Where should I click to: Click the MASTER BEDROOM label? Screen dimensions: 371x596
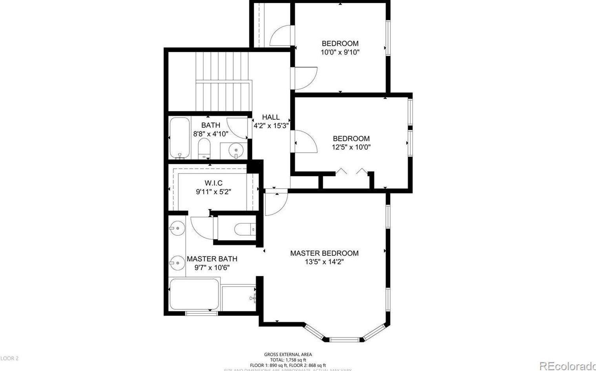[324, 253]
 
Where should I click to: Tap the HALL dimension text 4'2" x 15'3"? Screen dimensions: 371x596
[271, 126]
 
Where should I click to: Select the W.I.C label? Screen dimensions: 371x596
[213, 183]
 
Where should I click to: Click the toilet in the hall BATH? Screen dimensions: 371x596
[204, 149]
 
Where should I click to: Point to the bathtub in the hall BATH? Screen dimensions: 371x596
[179, 138]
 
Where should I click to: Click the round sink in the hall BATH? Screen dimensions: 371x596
[236, 150]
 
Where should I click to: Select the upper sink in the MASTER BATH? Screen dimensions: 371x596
[177, 227]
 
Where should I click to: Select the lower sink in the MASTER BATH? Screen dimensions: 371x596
[177, 262]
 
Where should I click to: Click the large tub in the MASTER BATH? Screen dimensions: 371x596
[194, 294]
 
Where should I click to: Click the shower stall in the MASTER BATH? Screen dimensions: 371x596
[239, 298]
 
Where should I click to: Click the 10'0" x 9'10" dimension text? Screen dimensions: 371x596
[340, 52]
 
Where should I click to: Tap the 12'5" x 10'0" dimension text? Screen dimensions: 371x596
[351, 147]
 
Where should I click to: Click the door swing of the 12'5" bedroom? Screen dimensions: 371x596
[305, 141]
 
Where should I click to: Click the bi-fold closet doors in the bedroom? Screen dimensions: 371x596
[351, 171]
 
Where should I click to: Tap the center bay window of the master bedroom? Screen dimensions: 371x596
[344, 339]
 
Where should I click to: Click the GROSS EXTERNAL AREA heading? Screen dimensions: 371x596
[288, 355]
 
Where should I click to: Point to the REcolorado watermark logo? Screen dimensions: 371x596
[567, 366]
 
